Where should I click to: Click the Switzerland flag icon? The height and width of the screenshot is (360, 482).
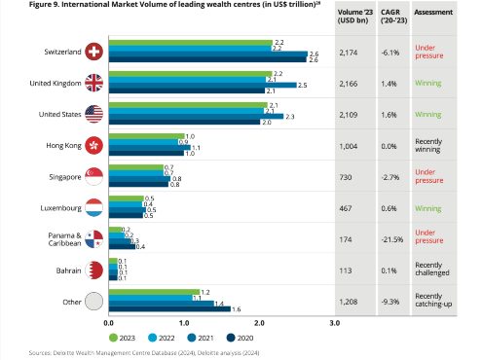[x=93, y=52]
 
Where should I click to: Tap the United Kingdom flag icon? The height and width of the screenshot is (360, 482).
[x=93, y=83]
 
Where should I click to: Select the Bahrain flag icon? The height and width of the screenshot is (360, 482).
[x=93, y=270]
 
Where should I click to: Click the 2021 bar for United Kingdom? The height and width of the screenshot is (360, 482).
[x=203, y=85]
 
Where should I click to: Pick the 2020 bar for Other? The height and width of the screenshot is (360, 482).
[x=169, y=308]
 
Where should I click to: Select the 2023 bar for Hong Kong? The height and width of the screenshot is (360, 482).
[x=146, y=136]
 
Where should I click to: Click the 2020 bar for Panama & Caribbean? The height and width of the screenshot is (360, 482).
[x=122, y=246]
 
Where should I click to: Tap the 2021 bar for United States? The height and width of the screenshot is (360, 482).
[x=196, y=116]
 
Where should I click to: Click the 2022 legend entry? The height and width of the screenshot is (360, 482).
[x=162, y=338]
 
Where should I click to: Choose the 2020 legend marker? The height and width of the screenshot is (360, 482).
[x=231, y=338]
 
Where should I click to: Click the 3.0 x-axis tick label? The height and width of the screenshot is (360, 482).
[x=334, y=323]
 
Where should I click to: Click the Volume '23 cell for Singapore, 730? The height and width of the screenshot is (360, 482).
[x=346, y=177]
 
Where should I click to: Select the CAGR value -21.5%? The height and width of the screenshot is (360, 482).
[x=392, y=239]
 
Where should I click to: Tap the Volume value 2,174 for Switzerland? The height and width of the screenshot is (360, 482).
[x=349, y=53]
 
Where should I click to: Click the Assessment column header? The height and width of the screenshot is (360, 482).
[x=433, y=12]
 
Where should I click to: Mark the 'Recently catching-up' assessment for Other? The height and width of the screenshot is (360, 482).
[x=433, y=300]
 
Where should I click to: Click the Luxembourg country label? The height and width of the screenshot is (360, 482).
[x=60, y=208]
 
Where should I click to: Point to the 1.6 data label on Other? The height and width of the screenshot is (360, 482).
[x=237, y=309]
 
